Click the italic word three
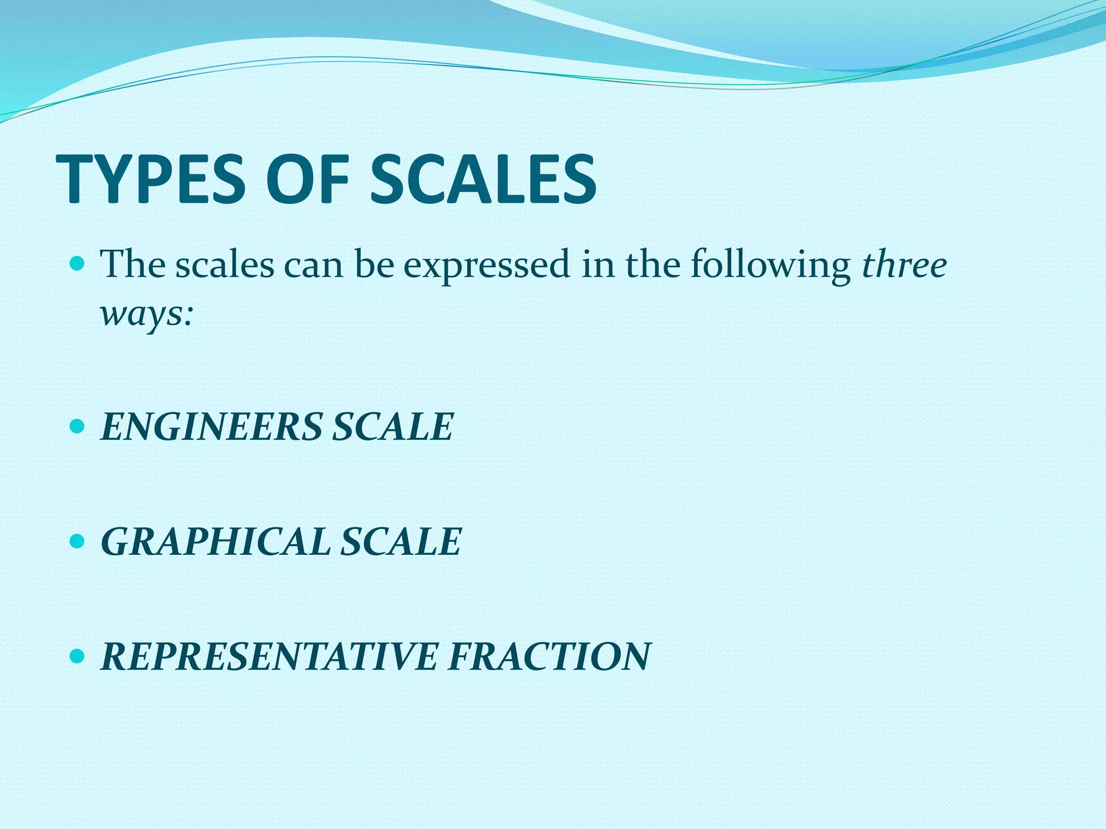(x=904, y=264)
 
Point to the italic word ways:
(x=146, y=314)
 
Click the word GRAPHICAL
(x=215, y=542)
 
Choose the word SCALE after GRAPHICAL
(x=401, y=542)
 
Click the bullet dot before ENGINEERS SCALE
(x=78, y=427)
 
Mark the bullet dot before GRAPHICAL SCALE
(x=78, y=541)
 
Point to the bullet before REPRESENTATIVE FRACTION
(x=78, y=656)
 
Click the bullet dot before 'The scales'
(x=78, y=264)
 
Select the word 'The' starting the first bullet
(x=133, y=264)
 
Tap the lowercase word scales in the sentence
(x=225, y=265)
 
